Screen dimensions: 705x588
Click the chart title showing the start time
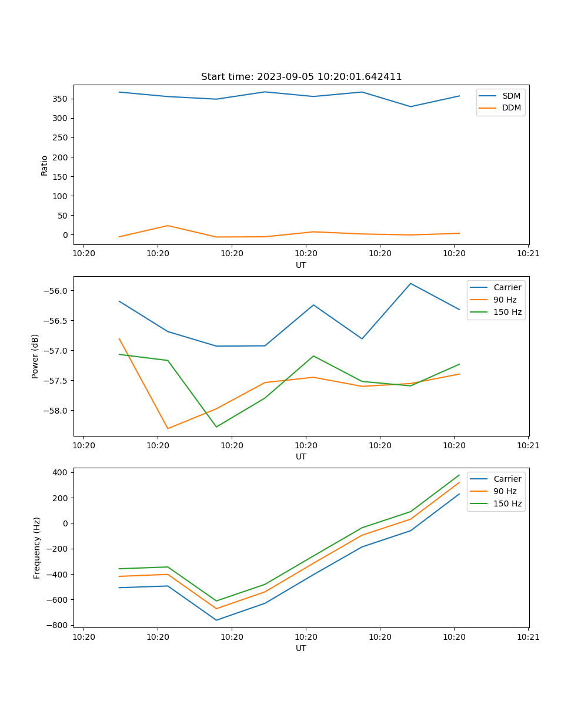(301, 77)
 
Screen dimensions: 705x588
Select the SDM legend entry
(511, 96)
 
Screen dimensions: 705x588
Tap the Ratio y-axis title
(45, 165)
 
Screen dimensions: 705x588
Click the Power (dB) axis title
(35, 356)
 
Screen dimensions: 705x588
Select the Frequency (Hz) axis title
(36, 548)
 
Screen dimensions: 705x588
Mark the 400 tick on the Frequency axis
(62, 472)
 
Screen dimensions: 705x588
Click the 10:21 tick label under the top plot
(528, 253)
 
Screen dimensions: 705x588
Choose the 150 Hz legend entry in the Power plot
(507, 312)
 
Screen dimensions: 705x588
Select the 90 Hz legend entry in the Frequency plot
(505, 491)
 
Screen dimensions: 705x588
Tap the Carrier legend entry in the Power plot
(507, 287)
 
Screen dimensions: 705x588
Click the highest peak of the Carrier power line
(410, 284)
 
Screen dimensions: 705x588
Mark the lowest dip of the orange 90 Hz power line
(168, 428)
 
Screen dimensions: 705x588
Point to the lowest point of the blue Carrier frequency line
(216, 620)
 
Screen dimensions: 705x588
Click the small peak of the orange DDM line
(168, 226)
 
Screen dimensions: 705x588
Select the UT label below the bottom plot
(301, 648)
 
